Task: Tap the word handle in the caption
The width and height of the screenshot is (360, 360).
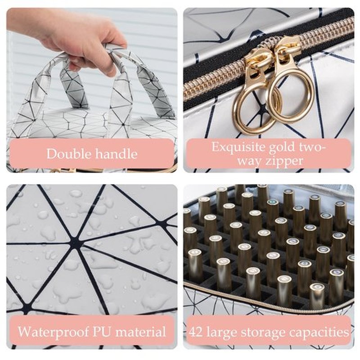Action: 117,153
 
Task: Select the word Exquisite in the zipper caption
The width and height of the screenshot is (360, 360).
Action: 238,147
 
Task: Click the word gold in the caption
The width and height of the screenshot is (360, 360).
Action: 283,148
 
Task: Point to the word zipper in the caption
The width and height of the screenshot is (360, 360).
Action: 284,162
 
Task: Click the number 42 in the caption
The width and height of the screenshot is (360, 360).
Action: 196,332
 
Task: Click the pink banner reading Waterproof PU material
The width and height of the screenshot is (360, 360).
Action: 92,332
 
